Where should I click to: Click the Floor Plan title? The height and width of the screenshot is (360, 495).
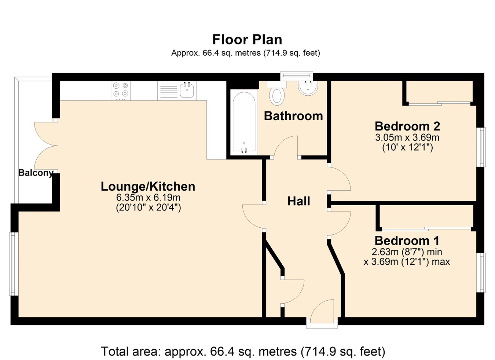pyautogui.click(x=247, y=40)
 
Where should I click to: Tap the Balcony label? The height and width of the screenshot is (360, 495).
pyautogui.click(x=36, y=173)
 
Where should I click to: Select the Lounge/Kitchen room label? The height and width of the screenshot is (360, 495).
pyautogui.click(x=148, y=186)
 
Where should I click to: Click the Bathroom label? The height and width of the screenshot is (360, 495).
pyautogui.click(x=293, y=116)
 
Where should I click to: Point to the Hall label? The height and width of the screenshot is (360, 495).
pyautogui.click(x=298, y=201)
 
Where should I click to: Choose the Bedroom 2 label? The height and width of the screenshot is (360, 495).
pyautogui.click(x=407, y=126)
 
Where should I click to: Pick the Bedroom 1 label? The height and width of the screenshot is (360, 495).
pyautogui.click(x=407, y=240)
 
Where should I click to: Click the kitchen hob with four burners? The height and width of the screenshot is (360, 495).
pyautogui.click(x=121, y=91)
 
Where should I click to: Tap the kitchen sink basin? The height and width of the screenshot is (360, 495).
pyautogui.click(x=187, y=90)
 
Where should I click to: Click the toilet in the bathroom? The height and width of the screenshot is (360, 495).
pyautogui.click(x=277, y=93)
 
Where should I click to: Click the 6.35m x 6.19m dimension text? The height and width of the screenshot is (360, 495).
pyautogui.click(x=148, y=197)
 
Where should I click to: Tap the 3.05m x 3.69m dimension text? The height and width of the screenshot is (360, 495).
pyautogui.click(x=407, y=137)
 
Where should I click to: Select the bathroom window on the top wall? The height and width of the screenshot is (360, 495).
pyautogui.click(x=297, y=76)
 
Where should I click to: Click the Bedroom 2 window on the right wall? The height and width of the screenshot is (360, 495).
pyautogui.click(x=481, y=147)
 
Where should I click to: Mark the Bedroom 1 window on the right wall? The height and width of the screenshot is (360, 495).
pyautogui.click(x=481, y=272)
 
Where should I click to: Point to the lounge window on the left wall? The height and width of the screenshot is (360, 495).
pyautogui.click(x=14, y=264)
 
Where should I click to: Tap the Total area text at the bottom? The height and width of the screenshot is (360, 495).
pyautogui.click(x=243, y=351)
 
